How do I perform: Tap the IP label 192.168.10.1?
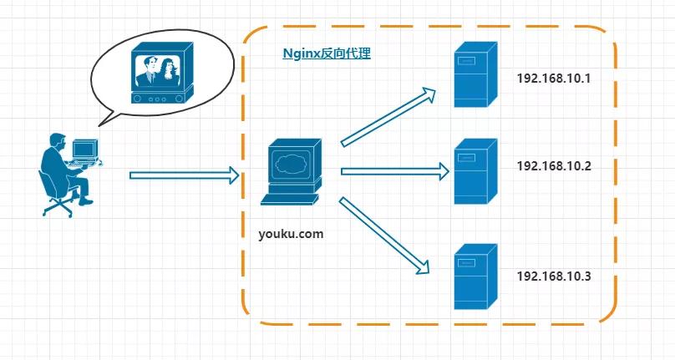(x=554, y=79)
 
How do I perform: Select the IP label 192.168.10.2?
(x=554, y=166)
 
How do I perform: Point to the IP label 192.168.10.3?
(x=554, y=276)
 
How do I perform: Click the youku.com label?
(x=291, y=234)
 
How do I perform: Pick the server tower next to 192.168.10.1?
(x=475, y=77)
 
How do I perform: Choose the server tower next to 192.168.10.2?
(x=475, y=173)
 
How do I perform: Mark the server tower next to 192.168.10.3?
(x=475, y=277)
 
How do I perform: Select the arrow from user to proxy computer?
(x=184, y=175)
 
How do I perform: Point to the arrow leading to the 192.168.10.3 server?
(x=384, y=236)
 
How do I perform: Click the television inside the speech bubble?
(x=158, y=75)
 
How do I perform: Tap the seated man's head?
(x=57, y=141)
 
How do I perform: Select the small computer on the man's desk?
(x=84, y=151)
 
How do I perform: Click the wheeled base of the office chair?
(x=58, y=205)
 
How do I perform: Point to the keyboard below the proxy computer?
(x=288, y=199)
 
